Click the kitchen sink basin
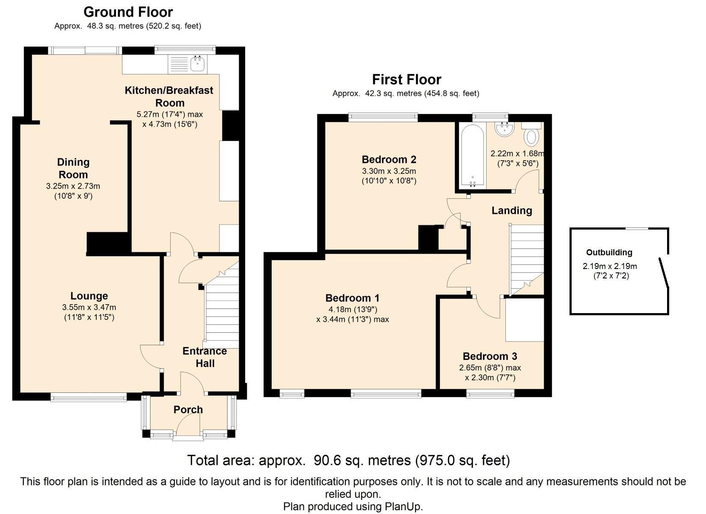coord(198,64)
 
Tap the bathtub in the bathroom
coord(472,155)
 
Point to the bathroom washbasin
coord(505,129)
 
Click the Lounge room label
coord(89,296)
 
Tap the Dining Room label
coord(74,168)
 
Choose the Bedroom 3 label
coord(490,356)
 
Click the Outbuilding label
coord(609,252)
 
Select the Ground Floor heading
coord(128,12)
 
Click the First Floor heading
coord(406,80)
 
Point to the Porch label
coord(188,409)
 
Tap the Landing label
coord(512,210)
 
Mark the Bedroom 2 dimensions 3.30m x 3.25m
coord(389,171)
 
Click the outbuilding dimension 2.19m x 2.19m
coord(610,266)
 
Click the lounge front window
coord(89,397)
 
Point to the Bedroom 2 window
coord(383,117)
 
